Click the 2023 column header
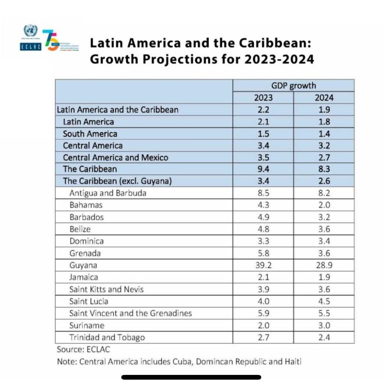[x=263, y=98]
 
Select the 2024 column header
[x=324, y=98]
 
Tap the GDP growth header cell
[x=293, y=86]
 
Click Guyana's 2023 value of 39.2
[x=263, y=265]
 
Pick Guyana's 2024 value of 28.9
[x=324, y=265]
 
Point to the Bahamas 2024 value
[x=324, y=205]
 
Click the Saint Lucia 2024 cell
[x=324, y=301]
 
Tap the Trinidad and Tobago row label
[x=107, y=338]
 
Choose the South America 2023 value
[x=263, y=134]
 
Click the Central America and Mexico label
[x=115, y=157]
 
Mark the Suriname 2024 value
[x=324, y=325]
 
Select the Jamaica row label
[x=84, y=277]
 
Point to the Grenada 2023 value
[x=263, y=253]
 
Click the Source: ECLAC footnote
[x=84, y=350]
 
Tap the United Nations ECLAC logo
[x=30, y=38]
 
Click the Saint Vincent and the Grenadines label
[x=130, y=313]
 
